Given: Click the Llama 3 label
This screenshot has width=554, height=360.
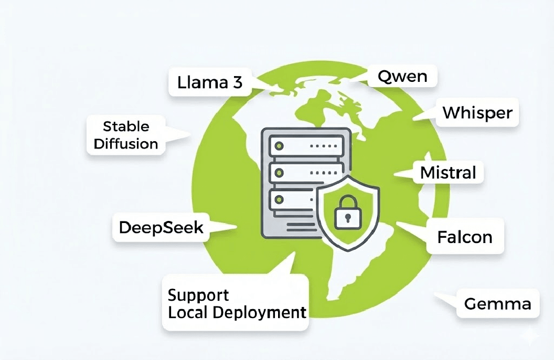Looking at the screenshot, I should click(210, 83).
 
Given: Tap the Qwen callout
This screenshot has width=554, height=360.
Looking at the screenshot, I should click(402, 77).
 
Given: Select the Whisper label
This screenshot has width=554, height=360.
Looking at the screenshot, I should click(477, 113).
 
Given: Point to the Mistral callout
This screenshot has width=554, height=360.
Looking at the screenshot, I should click(448, 172).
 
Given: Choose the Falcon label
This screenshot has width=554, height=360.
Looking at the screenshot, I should click(464, 237).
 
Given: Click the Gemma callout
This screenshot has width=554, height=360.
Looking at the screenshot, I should click(497, 303).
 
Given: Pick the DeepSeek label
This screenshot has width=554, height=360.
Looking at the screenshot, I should click(161, 227).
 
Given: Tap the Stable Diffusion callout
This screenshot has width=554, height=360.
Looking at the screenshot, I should click(126, 135).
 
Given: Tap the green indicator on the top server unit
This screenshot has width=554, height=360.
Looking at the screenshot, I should click(280, 144).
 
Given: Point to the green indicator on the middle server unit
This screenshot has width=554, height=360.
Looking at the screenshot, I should click(280, 172).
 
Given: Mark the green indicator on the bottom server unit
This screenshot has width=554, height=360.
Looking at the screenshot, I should click(280, 199).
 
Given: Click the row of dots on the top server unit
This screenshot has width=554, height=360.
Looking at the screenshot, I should click(324, 144).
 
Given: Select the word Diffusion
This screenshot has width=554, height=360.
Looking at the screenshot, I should click(126, 143).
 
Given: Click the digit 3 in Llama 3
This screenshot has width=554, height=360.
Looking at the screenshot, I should click(237, 83).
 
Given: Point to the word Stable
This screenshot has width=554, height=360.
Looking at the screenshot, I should click(126, 126).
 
